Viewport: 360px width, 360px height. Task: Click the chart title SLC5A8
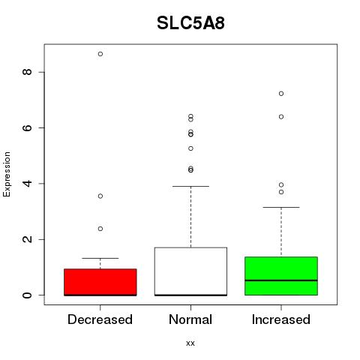click(190, 23)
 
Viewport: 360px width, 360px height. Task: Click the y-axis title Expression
click(7, 174)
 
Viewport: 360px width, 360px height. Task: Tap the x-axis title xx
click(190, 343)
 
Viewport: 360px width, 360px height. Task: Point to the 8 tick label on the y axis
click(27, 72)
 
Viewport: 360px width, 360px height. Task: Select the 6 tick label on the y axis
click(27, 127)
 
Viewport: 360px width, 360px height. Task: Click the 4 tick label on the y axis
click(27, 184)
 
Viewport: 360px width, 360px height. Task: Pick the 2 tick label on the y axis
click(27, 239)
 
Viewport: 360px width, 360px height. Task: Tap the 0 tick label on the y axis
click(27, 295)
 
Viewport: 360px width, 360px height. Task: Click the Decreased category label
click(100, 319)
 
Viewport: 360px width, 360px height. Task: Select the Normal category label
click(190, 319)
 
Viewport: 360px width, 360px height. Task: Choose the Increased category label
click(281, 319)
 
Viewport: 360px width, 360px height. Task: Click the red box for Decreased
click(100, 282)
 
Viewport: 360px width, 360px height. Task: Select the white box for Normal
click(190, 271)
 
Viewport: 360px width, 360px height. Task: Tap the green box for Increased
click(281, 276)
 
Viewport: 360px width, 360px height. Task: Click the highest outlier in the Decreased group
click(100, 54)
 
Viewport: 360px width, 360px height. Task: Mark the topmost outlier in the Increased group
click(281, 94)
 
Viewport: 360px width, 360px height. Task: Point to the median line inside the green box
click(281, 280)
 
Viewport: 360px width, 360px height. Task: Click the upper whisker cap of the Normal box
click(190, 186)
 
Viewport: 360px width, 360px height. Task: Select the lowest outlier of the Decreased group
click(100, 229)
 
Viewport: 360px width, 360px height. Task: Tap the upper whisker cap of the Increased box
click(281, 207)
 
